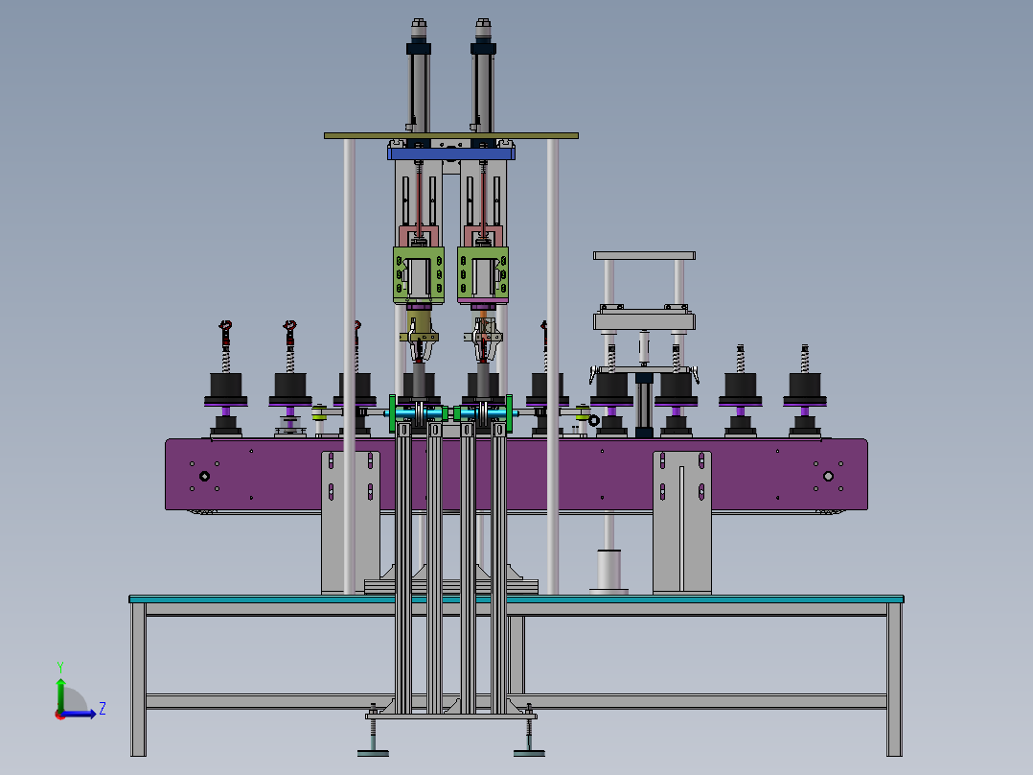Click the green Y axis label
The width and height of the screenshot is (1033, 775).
[60, 665]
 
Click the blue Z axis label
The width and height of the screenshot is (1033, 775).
[102, 709]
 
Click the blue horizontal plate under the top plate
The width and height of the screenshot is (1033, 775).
[451, 153]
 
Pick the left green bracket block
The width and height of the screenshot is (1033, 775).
[419, 274]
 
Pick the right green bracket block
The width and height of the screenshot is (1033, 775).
[483, 274]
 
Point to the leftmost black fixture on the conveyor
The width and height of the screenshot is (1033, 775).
[225, 387]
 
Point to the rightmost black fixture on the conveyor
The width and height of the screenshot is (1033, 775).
[805, 387]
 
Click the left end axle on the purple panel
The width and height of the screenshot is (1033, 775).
[204, 476]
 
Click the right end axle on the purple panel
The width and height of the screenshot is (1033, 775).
[829, 476]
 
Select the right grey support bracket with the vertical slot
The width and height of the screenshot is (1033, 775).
[682, 523]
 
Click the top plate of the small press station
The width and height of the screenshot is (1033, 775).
[643, 256]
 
